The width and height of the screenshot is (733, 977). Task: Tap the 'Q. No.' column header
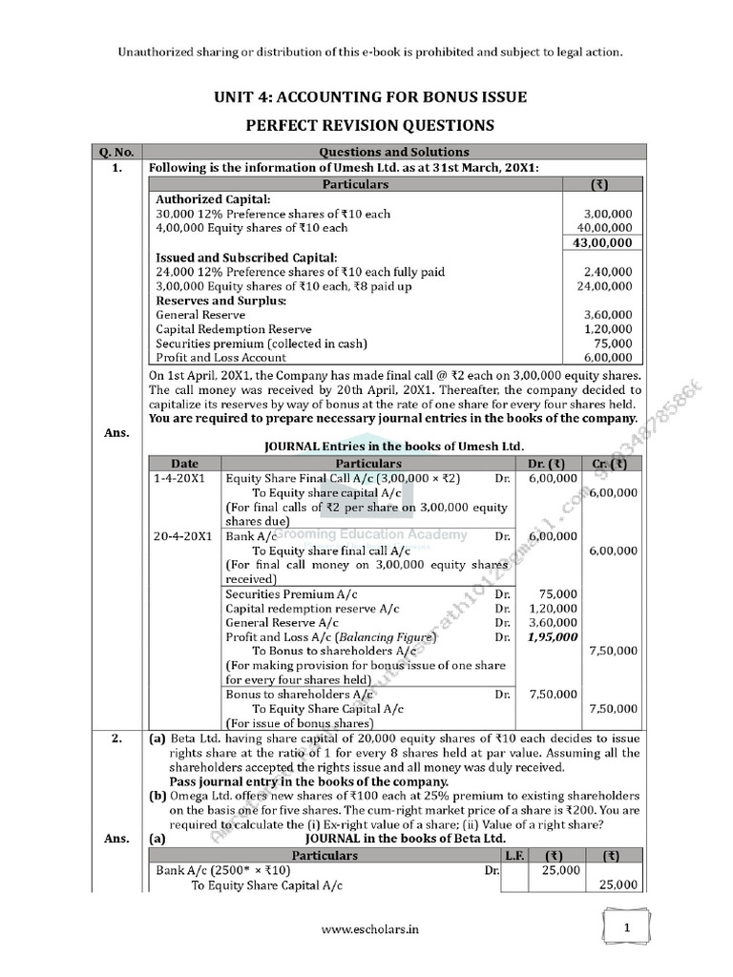114,152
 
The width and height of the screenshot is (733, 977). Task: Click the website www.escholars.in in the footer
366,926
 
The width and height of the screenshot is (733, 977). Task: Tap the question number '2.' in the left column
114,739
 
